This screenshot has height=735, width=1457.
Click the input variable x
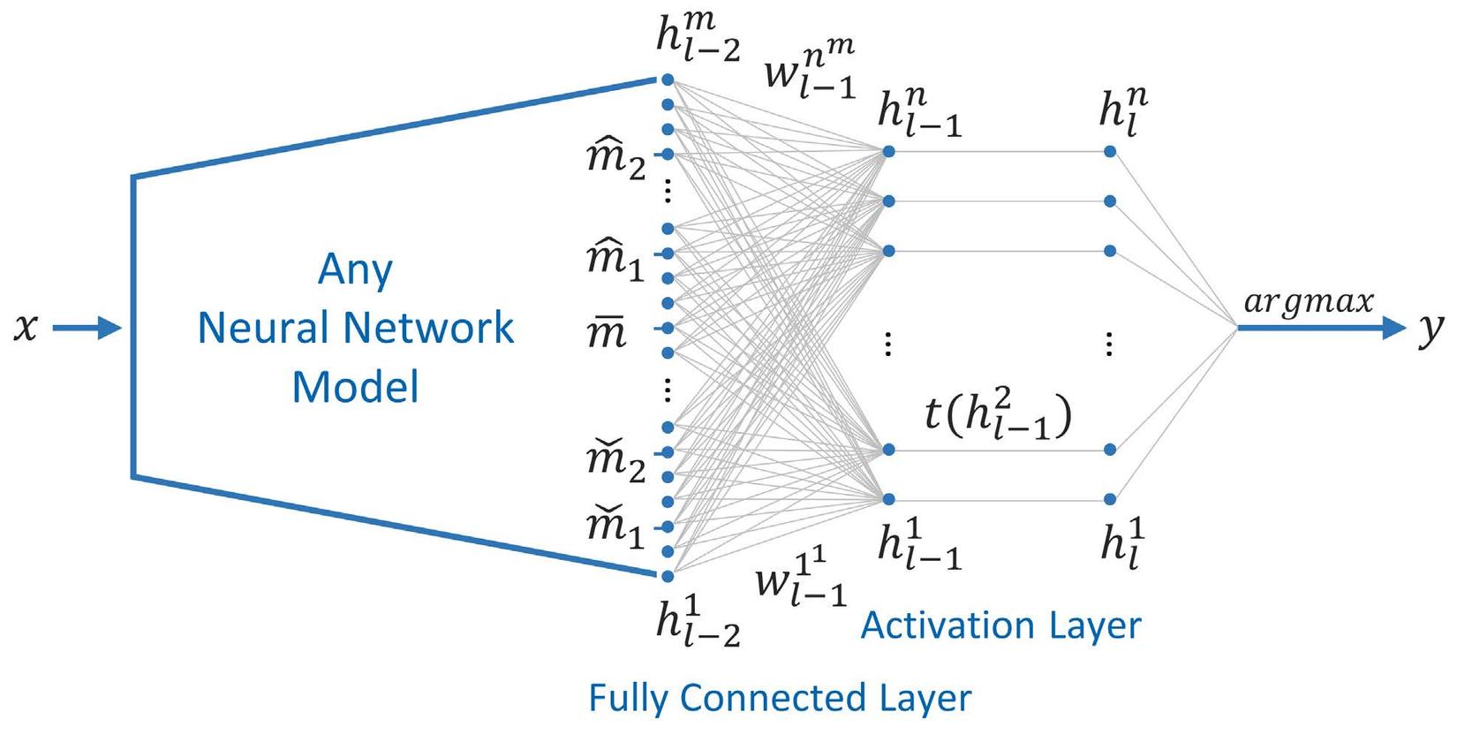[26, 329]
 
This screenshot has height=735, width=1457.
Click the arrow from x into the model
[86, 329]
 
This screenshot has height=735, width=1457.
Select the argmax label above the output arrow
[1309, 303]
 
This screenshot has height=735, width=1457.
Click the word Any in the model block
[355, 270]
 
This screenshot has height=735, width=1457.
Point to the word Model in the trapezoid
[355, 387]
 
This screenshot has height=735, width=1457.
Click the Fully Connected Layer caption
[780, 698]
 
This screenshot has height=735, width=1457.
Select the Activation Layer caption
[1000, 625]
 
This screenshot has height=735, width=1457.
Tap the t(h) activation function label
[998, 414]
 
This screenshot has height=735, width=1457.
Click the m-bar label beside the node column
[607, 334]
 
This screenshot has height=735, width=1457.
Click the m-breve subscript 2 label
[615, 462]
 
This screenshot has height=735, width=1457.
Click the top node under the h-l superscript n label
[1110, 152]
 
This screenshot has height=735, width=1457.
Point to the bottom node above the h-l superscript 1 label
[1110, 500]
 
